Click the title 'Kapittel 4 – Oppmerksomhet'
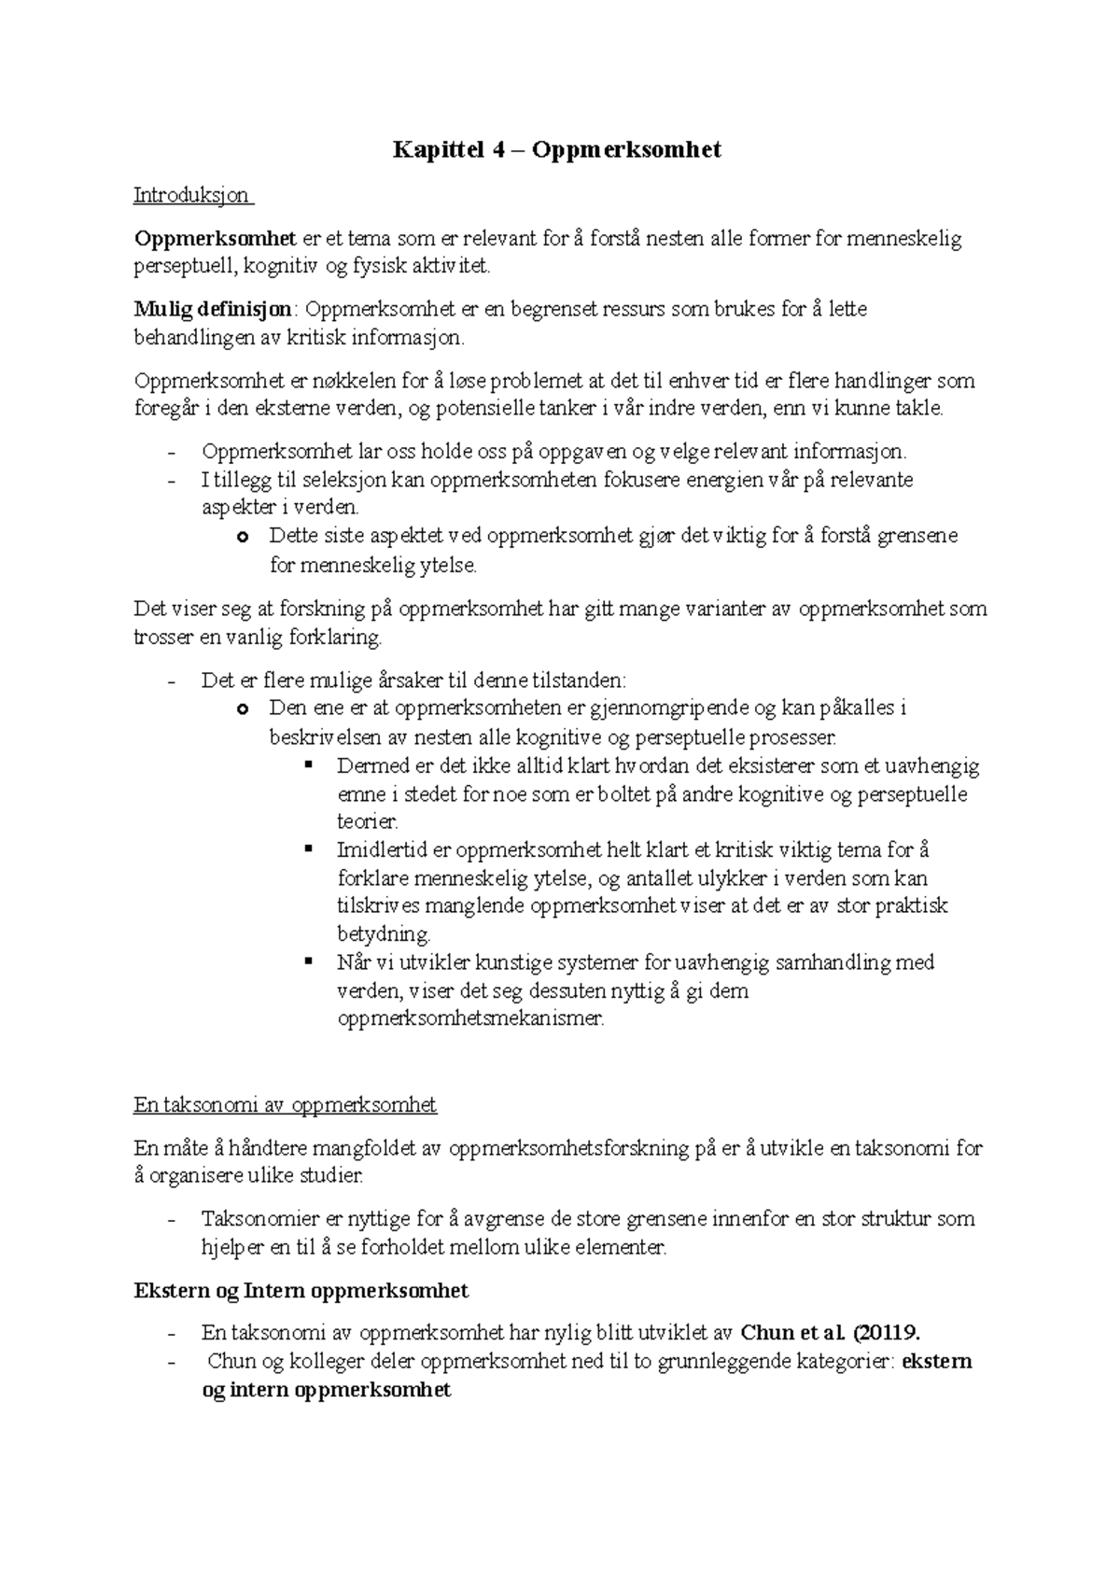[x=557, y=150]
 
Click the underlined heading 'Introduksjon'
[x=191, y=195]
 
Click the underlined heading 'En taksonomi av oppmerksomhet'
[x=285, y=1105]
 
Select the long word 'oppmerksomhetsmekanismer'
[x=470, y=1018]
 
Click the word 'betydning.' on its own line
[x=384, y=934]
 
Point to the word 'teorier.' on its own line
[x=367, y=822]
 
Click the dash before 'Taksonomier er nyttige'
[x=170, y=1220]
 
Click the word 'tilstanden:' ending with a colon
[x=580, y=680]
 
